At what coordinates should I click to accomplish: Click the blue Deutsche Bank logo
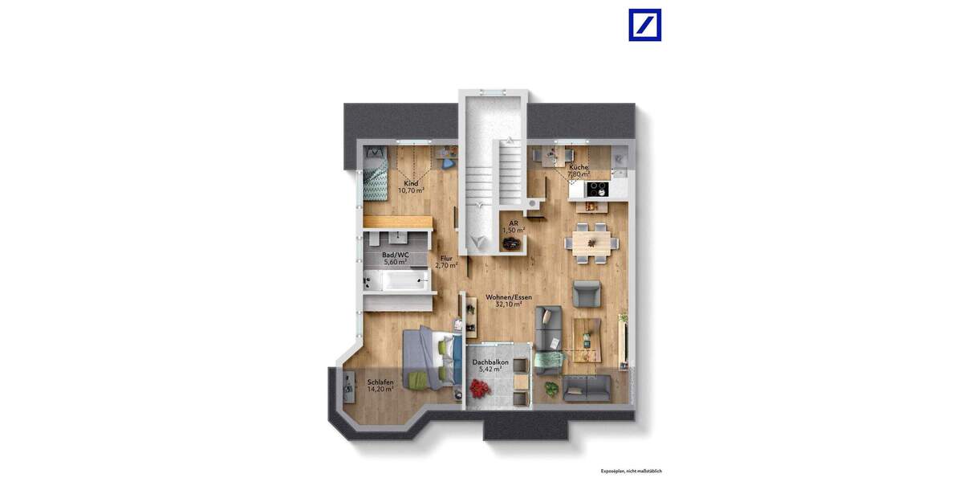tap(645, 25)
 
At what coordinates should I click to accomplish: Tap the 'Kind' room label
tap(411, 183)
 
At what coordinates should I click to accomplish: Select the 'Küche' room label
tap(579, 167)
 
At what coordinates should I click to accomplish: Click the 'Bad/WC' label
tap(395, 255)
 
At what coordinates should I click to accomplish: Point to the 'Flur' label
tap(446, 258)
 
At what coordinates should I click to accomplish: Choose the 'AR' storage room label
tap(514, 223)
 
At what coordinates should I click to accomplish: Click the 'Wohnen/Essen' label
tap(509, 296)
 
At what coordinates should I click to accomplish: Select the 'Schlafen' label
tap(380, 382)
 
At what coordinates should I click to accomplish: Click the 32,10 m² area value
tap(509, 304)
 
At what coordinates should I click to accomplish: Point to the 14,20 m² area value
tap(380, 390)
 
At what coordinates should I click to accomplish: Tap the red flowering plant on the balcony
tap(481, 390)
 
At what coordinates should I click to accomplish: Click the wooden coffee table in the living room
tap(587, 338)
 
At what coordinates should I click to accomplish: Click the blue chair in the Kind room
tap(448, 164)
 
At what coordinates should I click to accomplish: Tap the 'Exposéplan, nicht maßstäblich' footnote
tap(631, 471)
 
